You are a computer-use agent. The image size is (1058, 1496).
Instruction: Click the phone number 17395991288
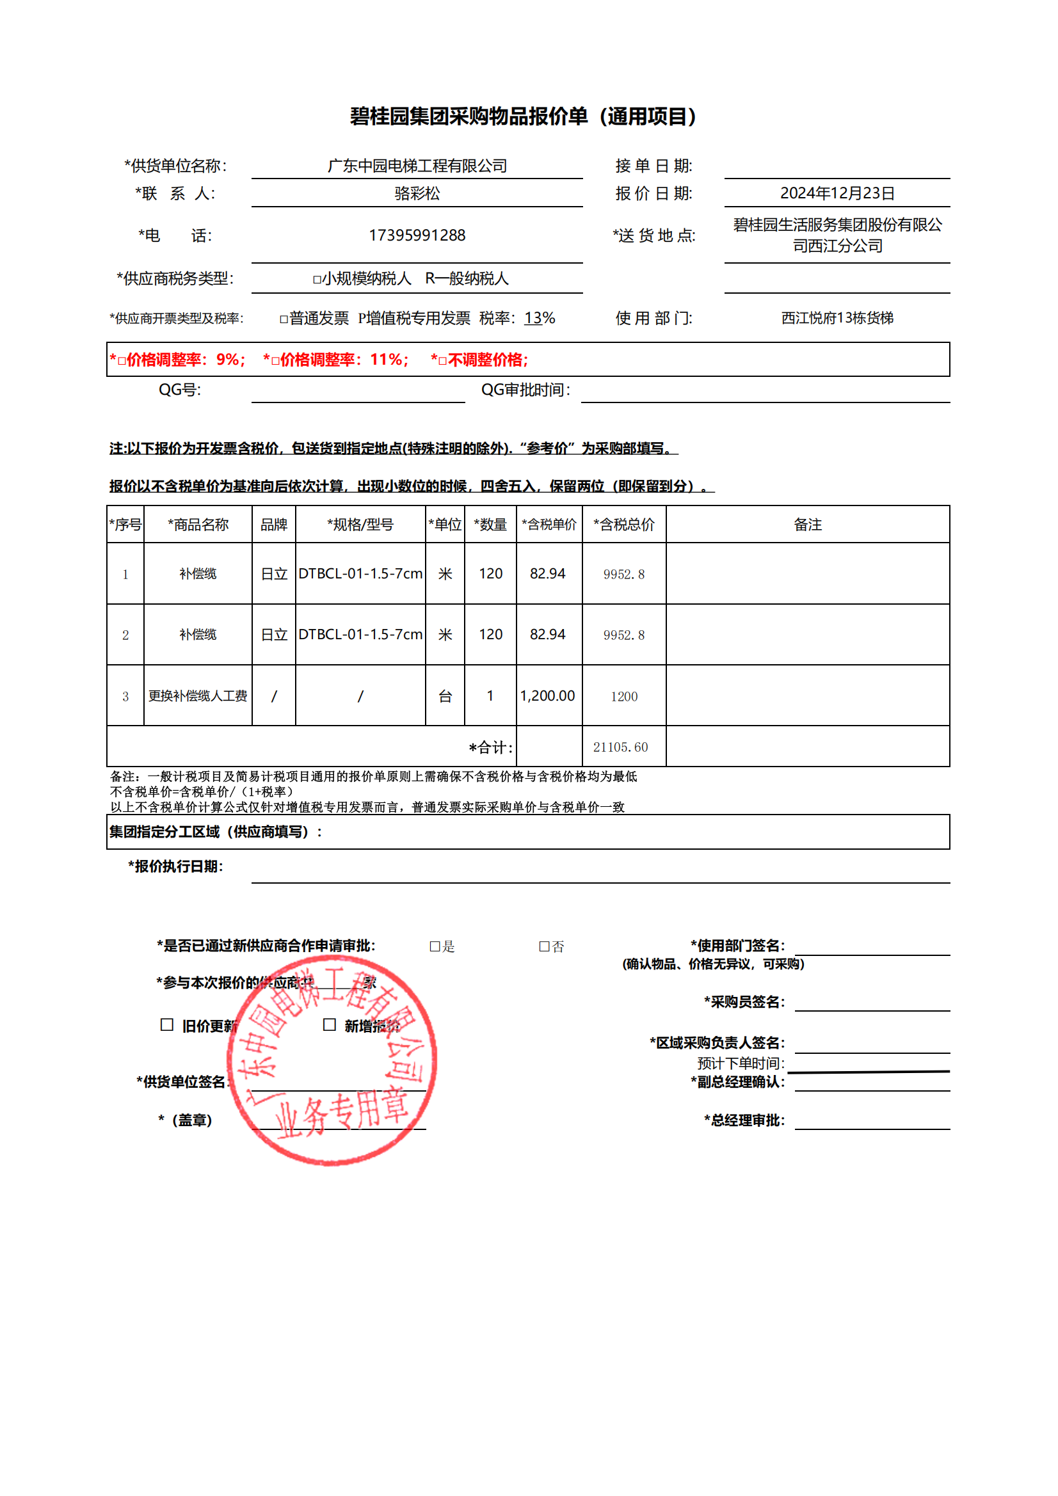pyautogui.click(x=417, y=235)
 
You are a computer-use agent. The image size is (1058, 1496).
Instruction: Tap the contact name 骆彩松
pyautogui.click(x=417, y=193)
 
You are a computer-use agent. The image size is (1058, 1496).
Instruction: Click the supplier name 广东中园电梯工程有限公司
pyautogui.click(x=417, y=166)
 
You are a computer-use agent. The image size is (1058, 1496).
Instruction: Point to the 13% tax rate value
pyautogui.click(x=539, y=318)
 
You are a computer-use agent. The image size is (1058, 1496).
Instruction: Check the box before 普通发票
pyautogui.click(x=284, y=319)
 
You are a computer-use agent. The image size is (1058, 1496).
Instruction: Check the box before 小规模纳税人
pyautogui.click(x=317, y=280)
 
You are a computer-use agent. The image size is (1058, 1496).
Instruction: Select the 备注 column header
pyautogui.click(x=807, y=525)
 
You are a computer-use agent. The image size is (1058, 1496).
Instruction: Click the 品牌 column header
pyautogui.click(x=274, y=525)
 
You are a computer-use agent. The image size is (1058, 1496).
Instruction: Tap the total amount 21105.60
pyautogui.click(x=620, y=747)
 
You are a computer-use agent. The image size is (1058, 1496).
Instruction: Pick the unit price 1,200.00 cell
pyautogui.click(x=548, y=696)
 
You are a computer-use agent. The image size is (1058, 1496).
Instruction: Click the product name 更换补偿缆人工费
pyautogui.click(x=198, y=696)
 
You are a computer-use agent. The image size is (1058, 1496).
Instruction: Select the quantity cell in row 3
pyautogui.click(x=490, y=696)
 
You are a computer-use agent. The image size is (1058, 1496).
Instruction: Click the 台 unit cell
pyautogui.click(x=445, y=696)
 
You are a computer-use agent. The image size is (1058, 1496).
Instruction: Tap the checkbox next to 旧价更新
pyautogui.click(x=167, y=1025)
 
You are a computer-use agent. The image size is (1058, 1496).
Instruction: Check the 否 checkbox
pyautogui.click(x=543, y=947)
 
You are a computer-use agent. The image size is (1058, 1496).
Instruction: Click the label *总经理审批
pyautogui.click(x=744, y=1120)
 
